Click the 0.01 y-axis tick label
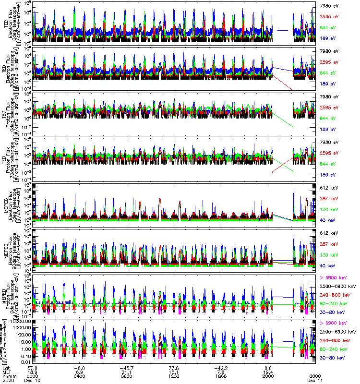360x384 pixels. pyautogui.click(x=27, y=361)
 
